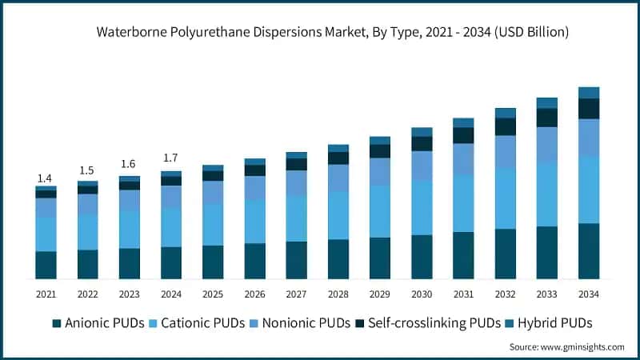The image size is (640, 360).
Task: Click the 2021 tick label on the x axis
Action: pos(46,294)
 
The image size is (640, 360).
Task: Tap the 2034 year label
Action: pos(589,294)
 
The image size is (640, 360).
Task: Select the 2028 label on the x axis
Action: pos(338,294)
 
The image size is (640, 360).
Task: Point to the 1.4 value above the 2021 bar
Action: pos(46,178)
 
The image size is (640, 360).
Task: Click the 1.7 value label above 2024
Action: pos(171,158)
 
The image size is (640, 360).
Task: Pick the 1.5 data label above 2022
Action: pos(87,170)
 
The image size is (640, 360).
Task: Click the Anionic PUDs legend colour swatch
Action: pos(57,323)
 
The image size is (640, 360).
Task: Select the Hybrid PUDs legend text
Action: pos(554,323)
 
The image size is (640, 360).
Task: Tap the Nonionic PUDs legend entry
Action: pos(309,323)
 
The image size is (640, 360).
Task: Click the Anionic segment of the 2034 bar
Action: pos(589,250)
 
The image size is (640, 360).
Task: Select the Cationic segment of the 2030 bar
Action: pos(422,207)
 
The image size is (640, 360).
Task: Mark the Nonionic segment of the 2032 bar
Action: pos(506,151)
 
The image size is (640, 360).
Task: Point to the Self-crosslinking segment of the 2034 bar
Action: pos(589,108)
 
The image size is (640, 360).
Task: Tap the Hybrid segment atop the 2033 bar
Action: pos(547,102)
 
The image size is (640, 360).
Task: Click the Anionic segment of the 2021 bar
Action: pos(46,265)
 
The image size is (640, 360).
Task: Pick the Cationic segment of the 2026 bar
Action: pos(254,221)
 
